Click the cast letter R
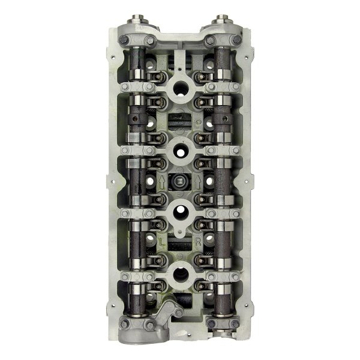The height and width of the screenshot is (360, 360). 198,242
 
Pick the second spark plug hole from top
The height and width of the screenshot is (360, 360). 180,151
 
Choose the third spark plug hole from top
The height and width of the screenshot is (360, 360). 180,211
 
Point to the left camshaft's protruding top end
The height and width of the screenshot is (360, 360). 137,20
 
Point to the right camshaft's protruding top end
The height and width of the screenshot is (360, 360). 223,20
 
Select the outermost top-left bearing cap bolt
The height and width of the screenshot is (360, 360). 123,40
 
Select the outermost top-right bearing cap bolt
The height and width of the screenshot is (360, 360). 237,40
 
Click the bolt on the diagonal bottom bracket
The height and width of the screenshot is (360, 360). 178,312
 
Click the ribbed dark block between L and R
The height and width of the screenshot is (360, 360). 180,245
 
